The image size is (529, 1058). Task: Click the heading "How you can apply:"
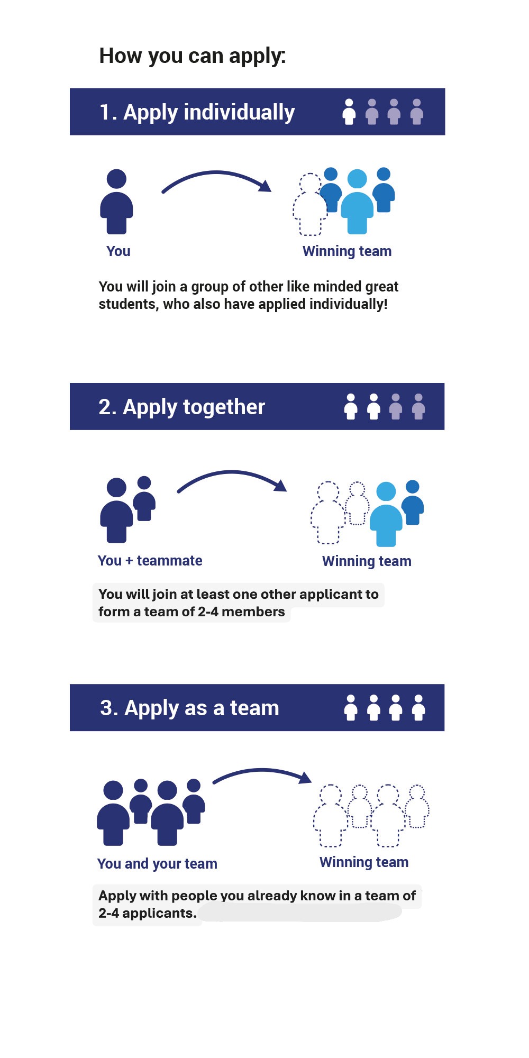[x=192, y=56]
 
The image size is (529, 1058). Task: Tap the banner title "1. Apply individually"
[x=197, y=112]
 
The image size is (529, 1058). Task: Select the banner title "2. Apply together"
[x=181, y=407]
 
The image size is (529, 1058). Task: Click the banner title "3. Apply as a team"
[x=189, y=708]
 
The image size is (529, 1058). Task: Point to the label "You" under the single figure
[x=118, y=251]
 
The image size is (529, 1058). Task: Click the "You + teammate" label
[x=150, y=561]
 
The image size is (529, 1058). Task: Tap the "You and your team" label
[x=157, y=863]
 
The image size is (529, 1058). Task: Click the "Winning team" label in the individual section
[x=347, y=251]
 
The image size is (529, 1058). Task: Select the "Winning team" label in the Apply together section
[x=367, y=561]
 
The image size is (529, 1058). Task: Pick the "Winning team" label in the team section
[x=364, y=862]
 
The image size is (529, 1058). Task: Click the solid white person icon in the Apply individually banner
[x=349, y=112]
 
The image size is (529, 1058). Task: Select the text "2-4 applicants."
[x=147, y=914]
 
